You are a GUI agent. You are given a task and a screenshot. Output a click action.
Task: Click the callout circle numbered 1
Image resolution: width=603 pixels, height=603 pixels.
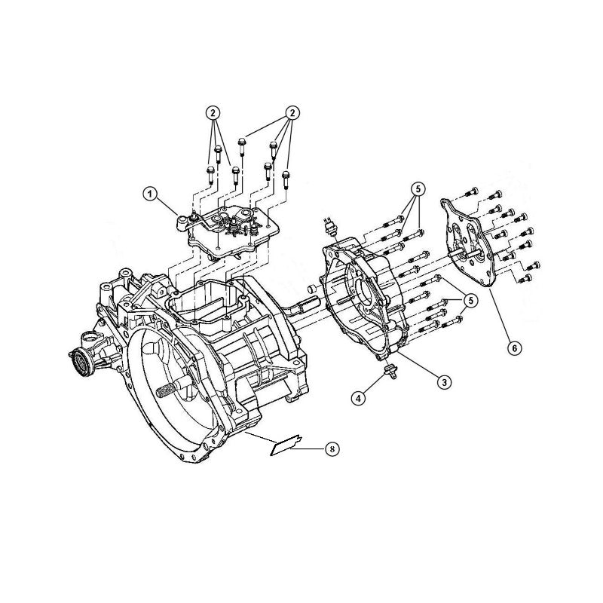[151, 194]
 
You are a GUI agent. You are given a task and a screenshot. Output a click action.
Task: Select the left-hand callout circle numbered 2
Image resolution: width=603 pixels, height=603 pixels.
[214, 112]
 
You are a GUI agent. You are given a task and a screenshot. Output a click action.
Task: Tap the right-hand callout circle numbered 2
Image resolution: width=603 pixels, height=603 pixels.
[289, 112]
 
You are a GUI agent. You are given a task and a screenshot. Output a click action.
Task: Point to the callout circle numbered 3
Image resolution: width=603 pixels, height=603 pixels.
[445, 382]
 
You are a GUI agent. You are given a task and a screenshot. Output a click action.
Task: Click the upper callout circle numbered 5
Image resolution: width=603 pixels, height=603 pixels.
[418, 188]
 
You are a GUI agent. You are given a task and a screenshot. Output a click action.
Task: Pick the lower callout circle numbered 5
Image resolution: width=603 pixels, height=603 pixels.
[471, 300]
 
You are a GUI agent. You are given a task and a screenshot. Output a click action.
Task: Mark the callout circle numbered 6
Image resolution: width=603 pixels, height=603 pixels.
[514, 348]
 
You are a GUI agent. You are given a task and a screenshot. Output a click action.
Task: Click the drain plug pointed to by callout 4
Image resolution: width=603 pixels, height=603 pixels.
[391, 371]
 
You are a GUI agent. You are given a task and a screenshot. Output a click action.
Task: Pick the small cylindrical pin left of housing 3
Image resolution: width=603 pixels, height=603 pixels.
[310, 289]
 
